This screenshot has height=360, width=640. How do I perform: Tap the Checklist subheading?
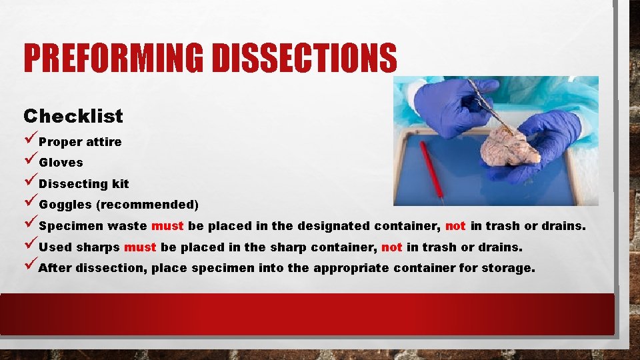pos(73,116)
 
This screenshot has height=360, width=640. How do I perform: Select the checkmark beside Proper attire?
pos(30,141)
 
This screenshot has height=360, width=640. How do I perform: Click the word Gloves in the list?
pos(61,163)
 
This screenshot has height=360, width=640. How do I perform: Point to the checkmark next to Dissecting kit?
pos(30,183)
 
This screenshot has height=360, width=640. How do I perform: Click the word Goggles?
pos(66,205)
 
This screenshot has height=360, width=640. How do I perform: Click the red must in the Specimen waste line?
pos(168,226)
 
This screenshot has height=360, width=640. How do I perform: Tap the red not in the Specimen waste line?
pos(455,226)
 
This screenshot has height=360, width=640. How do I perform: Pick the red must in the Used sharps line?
pos(140,247)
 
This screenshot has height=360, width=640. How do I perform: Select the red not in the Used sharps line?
pos(392,247)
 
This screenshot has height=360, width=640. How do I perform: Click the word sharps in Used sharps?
pos(98,247)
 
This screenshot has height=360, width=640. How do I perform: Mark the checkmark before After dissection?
pos(30,267)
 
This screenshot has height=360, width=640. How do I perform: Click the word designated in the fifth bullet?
pos(333,226)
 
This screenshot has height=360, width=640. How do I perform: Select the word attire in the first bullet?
pos(104,141)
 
